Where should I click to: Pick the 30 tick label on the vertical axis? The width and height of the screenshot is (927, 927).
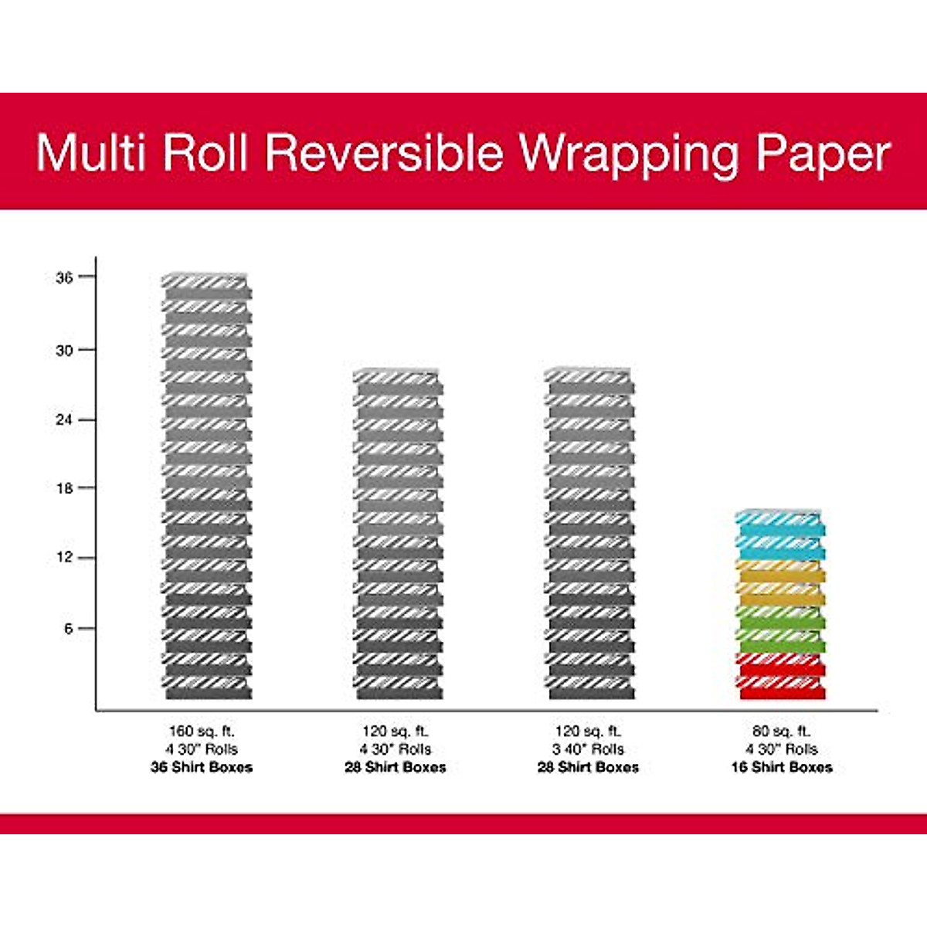[x=64, y=350]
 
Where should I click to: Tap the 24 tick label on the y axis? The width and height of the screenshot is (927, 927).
[x=64, y=420]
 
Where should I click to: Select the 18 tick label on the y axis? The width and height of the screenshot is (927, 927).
[x=64, y=488]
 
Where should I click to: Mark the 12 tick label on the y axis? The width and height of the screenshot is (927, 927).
[x=64, y=558]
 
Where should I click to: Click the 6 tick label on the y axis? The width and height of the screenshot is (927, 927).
[x=69, y=629]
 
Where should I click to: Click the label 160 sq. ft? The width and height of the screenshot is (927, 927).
[x=202, y=731]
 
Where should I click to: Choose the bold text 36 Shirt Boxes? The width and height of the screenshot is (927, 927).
[x=202, y=767]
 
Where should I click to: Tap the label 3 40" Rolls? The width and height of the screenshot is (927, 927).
[x=588, y=749]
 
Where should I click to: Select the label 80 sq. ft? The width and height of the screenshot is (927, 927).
[x=782, y=731]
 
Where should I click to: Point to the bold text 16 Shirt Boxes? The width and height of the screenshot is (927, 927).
[x=782, y=767]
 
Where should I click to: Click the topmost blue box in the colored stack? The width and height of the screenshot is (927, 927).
[x=780, y=523]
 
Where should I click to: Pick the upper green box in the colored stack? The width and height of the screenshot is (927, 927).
[x=782, y=616]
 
